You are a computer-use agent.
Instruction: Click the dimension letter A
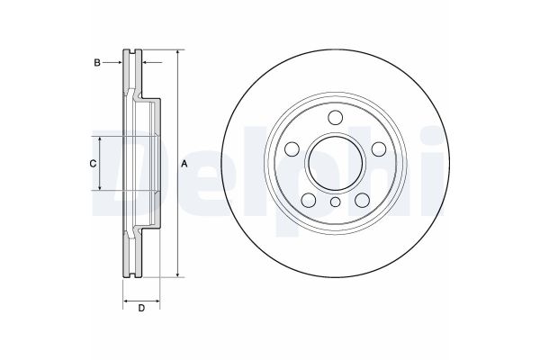[184, 163]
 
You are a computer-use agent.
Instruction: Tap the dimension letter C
[91, 163]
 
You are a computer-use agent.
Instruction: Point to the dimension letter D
[141, 310]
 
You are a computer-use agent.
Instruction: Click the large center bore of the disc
[335, 162]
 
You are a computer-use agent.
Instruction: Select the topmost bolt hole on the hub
[335, 118]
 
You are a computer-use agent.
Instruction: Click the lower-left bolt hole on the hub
[309, 199]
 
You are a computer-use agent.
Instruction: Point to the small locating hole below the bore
[335, 201]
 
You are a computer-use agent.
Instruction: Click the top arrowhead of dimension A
[178, 53]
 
